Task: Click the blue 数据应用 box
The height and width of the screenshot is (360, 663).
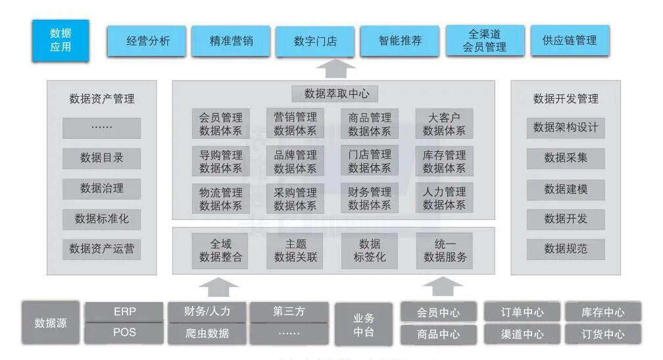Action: pyautogui.click(x=61, y=40)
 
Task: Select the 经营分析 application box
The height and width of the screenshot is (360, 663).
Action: pyautogui.click(x=147, y=41)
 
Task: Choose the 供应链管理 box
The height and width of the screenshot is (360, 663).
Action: pyautogui.click(x=570, y=41)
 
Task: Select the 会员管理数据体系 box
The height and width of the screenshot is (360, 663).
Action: pyautogui.click(x=221, y=124)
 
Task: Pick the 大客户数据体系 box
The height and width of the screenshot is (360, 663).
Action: pyautogui.click(x=444, y=124)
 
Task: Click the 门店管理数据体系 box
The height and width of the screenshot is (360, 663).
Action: pyautogui.click(x=370, y=161)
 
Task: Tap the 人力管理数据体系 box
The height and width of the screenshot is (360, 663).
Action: pyautogui.click(x=444, y=198)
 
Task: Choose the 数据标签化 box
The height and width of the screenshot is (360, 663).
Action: pyautogui.click(x=370, y=250)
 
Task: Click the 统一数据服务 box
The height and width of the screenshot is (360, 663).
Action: pyautogui.click(x=444, y=250)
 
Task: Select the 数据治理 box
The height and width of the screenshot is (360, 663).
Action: pyautogui.click(x=102, y=188)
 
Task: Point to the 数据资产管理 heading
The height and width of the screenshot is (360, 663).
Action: pyautogui.click(x=102, y=99)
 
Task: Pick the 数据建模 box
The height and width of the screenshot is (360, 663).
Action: pyautogui.click(x=566, y=189)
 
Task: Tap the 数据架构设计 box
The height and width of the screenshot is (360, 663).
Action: pyautogui.click(x=566, y=128)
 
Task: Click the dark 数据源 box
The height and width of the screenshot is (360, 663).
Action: pyautogui.click(x=51, y=323)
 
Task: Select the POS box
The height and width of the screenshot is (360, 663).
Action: pyautogui.click(x=124, y=332)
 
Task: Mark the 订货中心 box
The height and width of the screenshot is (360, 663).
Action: pyautogui.click(x=602, y=334)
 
